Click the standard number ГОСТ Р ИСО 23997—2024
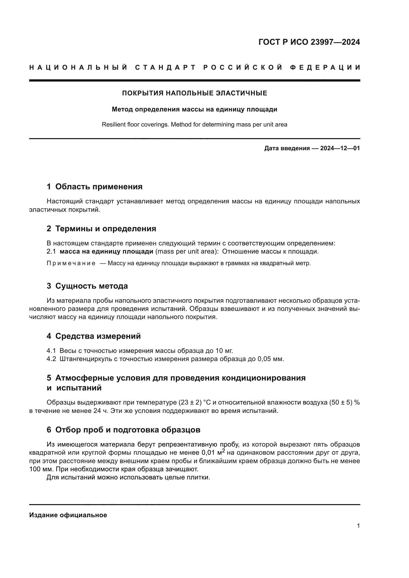(309, 42)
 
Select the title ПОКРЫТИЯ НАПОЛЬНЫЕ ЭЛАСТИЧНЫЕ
(194, 93)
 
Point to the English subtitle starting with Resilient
(194, 125)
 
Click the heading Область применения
(99, 187)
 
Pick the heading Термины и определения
(106, 229)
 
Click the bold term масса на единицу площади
(106, 252)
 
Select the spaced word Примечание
(71, 264)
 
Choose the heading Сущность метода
(91, 286)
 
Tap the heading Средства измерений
(98, 336)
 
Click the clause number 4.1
(51, 351)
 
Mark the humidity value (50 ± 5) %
(344, 403)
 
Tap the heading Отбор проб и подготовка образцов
(128, 430)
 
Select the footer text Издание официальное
(68, 515)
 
